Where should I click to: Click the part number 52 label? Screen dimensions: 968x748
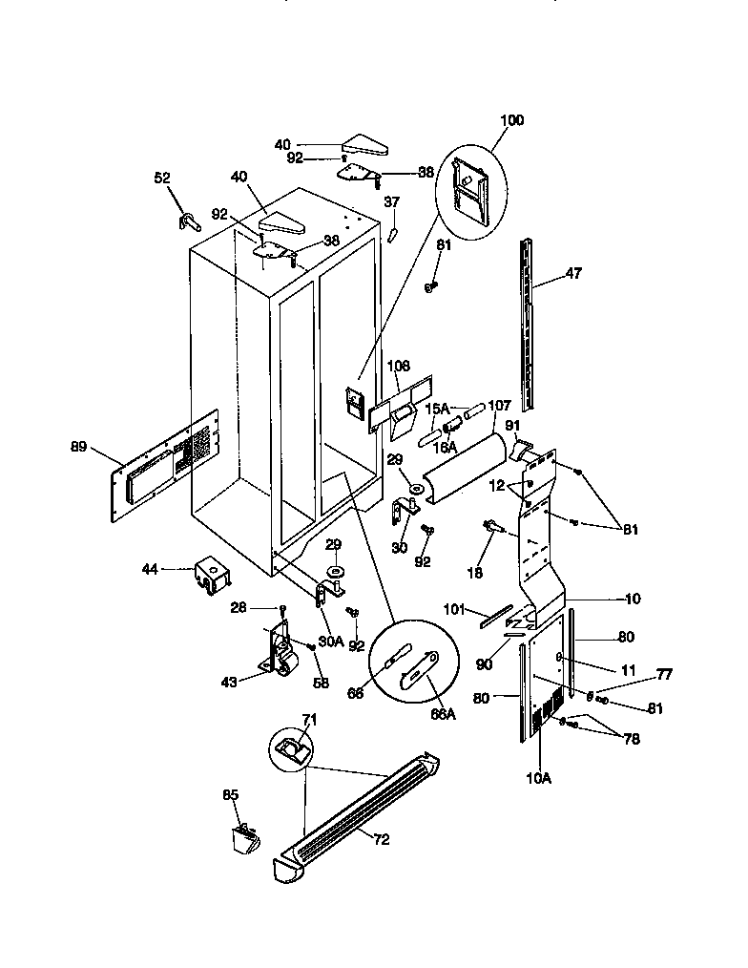click(x=162, y=178)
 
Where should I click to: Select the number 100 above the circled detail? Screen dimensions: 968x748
click(x=511, y=120)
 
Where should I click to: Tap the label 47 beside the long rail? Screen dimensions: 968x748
click(x=571, y=273)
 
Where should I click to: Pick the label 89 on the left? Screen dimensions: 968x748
click(x=81, y=446)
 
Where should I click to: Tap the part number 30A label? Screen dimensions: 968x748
click(x=331, y=642)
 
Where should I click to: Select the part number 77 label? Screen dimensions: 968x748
click(x=664, y=675)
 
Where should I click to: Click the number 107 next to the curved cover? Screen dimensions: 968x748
click(x=500, y=406)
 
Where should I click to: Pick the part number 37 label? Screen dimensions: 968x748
click(x=391, y=202)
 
